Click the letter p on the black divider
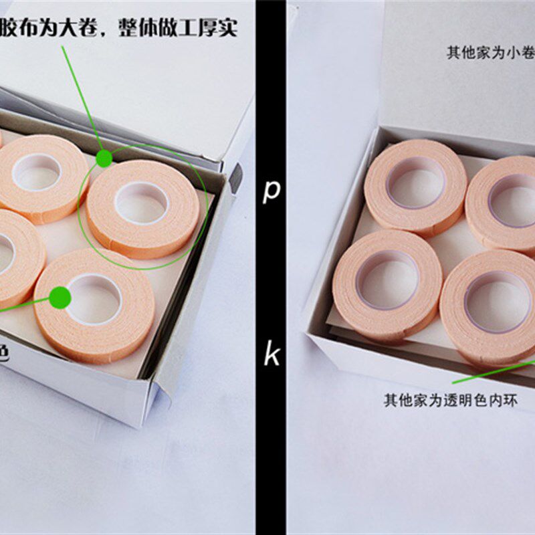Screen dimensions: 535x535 (x=271, y=191)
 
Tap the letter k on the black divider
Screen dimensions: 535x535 (x=271, y=354)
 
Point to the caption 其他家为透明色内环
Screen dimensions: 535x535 (x=449, y=401)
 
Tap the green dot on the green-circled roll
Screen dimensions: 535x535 (x=104, y=158)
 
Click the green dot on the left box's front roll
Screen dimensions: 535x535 (x=60, y=298)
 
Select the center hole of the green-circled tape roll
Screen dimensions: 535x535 (x=141, y=202)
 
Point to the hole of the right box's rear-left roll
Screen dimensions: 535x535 (x=415, y=181)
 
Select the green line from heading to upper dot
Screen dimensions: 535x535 (x=82, y=100)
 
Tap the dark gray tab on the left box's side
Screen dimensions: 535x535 (x=236, y=177)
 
